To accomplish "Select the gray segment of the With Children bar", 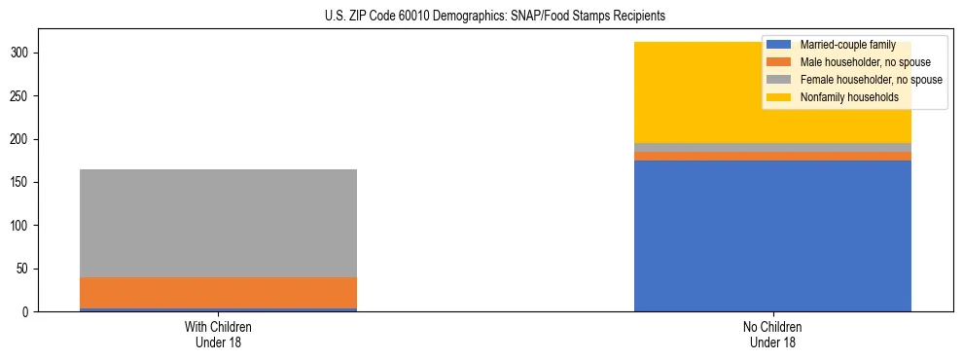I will click(x=218, y=223).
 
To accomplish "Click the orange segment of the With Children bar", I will click(x=218, y=293).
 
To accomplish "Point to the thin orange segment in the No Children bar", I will click(x=772, y=156).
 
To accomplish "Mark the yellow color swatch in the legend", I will click(x=779, y=97).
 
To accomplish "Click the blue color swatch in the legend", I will click(x=779, y=45).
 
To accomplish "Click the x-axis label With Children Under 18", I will click(x=218, y=335).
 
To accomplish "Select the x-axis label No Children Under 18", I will click(x=772, y=335).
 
